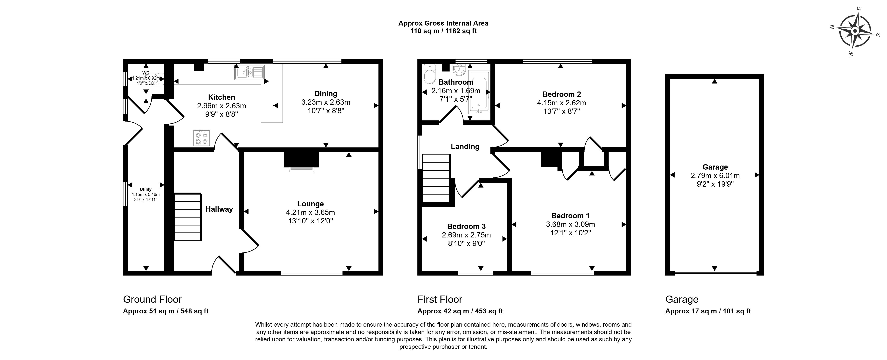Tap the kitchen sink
(249, 72)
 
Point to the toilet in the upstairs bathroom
(430, 74)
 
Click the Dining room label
(326, 94)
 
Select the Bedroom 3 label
(466, 226)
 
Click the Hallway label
(219, 209)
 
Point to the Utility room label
(146, 189)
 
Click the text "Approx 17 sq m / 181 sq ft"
(708, 311)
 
